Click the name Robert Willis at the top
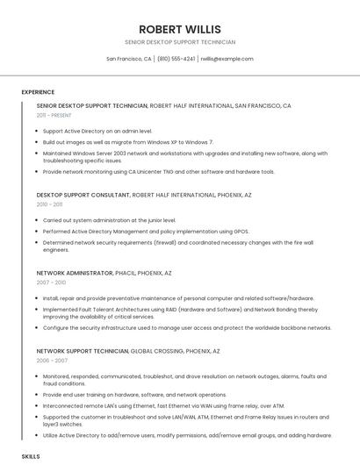pyautogui.click(x=180, y=29)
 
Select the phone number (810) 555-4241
pyautogui.click(x=176, y=59)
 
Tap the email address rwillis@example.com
pyautogui.click(x=227, y=59)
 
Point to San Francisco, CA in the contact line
pyautogui.click(x=129, y=59)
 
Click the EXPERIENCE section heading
pyautogui.click(x=38, y=91)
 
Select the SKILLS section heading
pyautogui.click(x=31, y=457)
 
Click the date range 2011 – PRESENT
pyautogui.click(x=54, y=115)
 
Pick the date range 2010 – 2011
pyautogui.click(x=49, y=204)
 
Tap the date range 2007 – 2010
pyautogui.click(x=51, y=283)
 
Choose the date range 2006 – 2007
pyautogui.click(x=51, y=361)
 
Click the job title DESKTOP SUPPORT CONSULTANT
pyautogui.click(x=83, y=195)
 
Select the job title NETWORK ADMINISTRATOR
pyautogui.click(x=75, y=273)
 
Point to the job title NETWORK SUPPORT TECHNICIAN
pyautogui.click(x=83, y=351)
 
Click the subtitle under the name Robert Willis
pyautogui.click(x=180, y=42)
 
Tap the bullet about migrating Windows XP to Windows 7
pyautogui.click(x=128, y=141)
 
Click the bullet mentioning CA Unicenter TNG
pyautogui.click(x=158, y=172)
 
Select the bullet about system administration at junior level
pyautogui.click(x=109, y=219)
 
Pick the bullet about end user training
pyautogui.click(x=134, y=395)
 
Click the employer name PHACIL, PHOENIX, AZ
pyautogui.click(x=144, y=273)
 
